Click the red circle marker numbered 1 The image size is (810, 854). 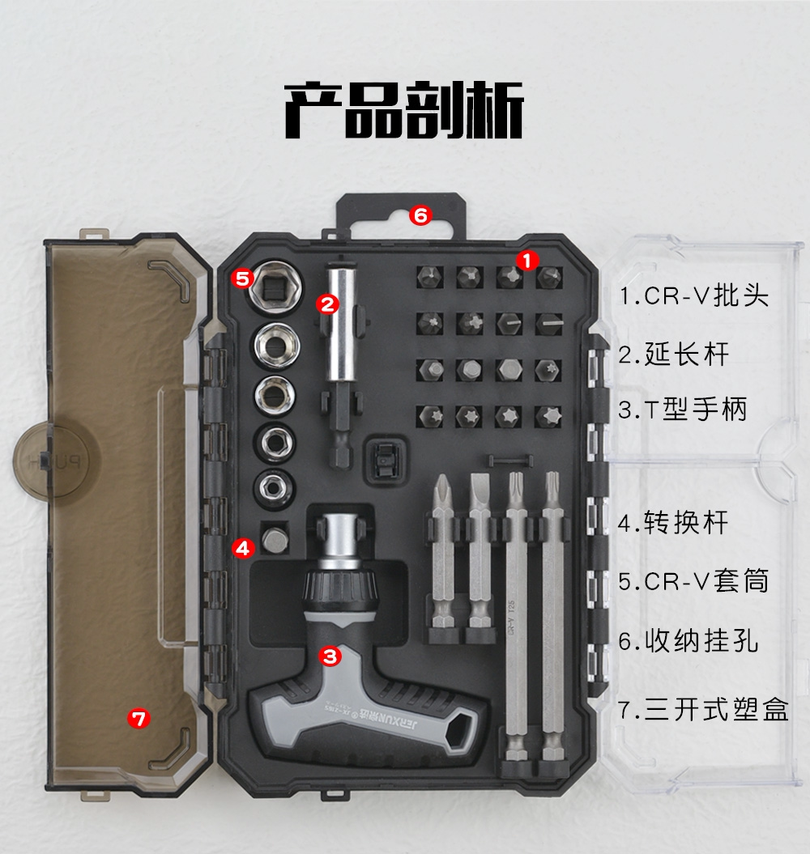(526, 261)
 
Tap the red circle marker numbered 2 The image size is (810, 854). (327, 304)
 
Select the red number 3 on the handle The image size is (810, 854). (330, 656)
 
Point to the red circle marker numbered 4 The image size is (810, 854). (242, 547)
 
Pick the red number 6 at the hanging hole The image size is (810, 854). (421, 215)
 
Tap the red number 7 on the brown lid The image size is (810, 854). (139, 719)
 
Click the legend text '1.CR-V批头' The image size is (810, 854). (694, 296)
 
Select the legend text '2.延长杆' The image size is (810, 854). (674, 355)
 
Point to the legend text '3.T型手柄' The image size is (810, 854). (683, 410)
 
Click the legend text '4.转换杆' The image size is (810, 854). (674, 523)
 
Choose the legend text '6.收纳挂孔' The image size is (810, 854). (688, 641)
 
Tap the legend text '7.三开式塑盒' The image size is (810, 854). (704, 710)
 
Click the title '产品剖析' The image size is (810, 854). (404, 111)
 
